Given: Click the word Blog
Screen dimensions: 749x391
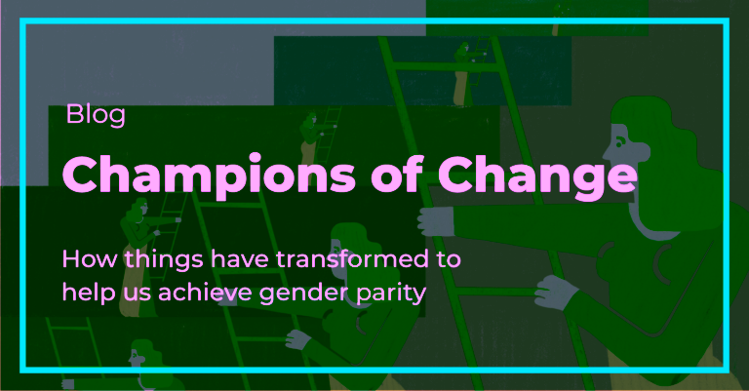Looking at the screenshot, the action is coord(96,115).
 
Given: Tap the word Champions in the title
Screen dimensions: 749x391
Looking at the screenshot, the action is coord(209,176).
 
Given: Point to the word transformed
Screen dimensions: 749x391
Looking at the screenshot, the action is coord(352,258).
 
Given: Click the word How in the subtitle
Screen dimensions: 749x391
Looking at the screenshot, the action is coord(90,259).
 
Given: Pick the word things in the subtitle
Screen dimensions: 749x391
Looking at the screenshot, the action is coord(164,260).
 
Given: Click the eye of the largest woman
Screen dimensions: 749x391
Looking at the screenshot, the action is coord(619,141).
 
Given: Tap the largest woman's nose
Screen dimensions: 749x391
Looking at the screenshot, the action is coord(608,153).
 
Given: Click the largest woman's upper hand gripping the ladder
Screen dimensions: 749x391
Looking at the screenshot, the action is coord(436,221).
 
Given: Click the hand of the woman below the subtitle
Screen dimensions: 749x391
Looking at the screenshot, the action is coord(298,340).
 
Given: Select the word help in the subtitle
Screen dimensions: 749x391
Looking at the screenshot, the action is coord(89,293).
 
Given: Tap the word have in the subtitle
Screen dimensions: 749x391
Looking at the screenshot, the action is coord(239,259).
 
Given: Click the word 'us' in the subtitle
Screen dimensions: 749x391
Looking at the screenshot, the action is coord(138,294).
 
